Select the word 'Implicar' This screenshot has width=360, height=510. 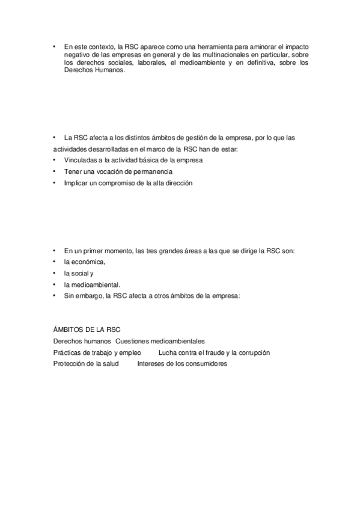pyautogui.click(x=76, y=183)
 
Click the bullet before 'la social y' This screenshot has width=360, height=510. pyautogui.click(x=54, y=273)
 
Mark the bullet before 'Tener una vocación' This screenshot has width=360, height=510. pyautogui.click(x=54, y=171)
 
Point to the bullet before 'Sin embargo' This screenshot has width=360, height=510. pyautogui.click(x=54, y=296)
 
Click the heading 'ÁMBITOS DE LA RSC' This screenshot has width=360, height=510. pyautogui.click(x=87, y=330)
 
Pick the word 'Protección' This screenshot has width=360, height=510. pyautogui.click(x=69, y=364)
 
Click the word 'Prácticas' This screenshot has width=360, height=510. pyautogui.click(x=67, y=352)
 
